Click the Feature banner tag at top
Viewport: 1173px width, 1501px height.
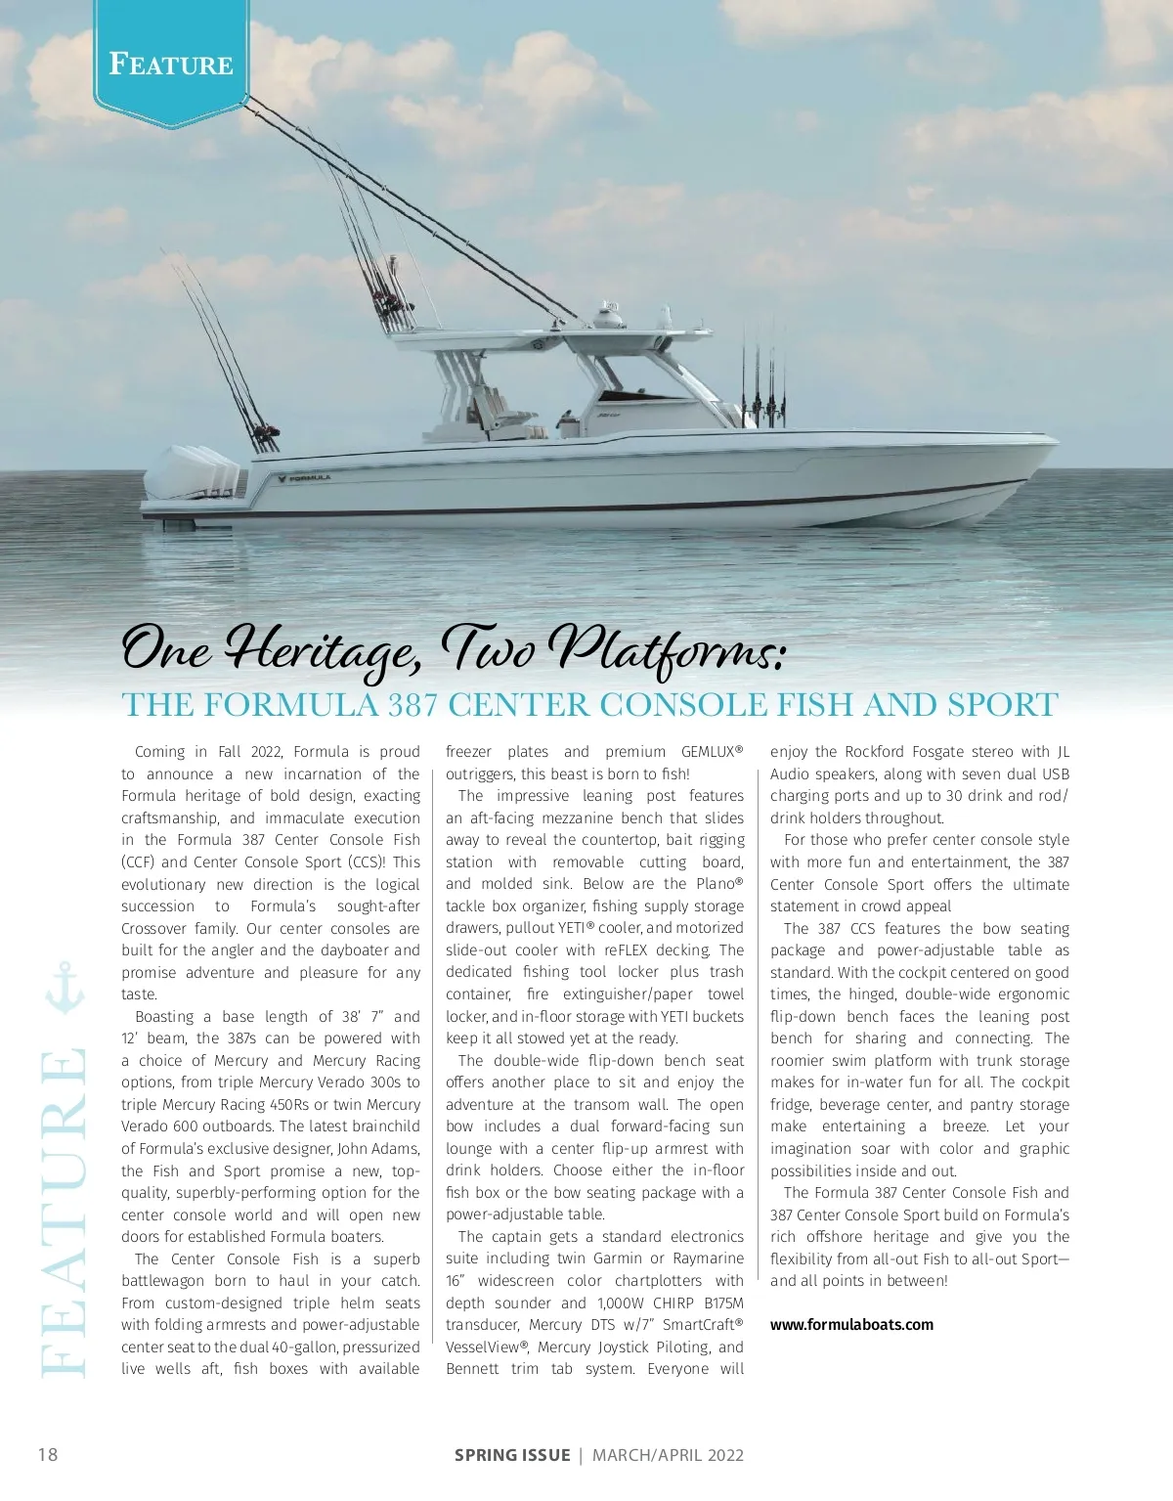[x=171, y=65]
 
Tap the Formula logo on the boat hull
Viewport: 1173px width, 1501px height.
[x=304, y=478]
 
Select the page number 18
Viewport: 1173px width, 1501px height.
[x=47, y=1454]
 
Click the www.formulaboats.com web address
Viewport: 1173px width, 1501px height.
[x=851, y=1325]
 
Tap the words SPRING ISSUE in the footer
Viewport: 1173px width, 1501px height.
[x=512, y=1455]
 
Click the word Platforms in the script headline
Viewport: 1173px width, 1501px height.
[x=665, y=648]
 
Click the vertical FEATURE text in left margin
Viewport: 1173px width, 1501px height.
[x=64, y=1213]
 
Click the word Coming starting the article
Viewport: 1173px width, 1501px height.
[x=159, y=752]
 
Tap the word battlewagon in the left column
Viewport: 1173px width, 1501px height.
[x=162, y=1281]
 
